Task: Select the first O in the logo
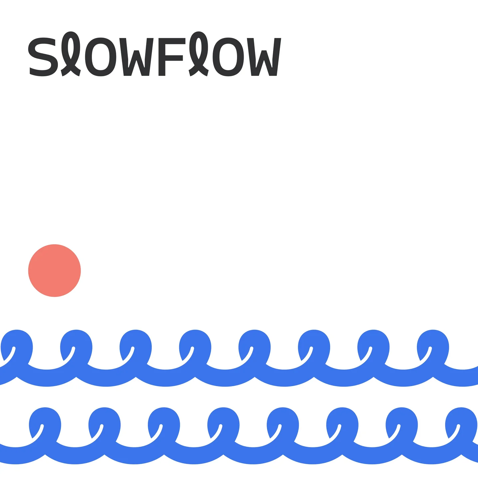(100, 57)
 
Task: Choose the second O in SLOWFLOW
(227, 57)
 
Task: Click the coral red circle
(54, 270)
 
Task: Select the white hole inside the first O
(100, 57)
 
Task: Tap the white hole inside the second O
(227, 57)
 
